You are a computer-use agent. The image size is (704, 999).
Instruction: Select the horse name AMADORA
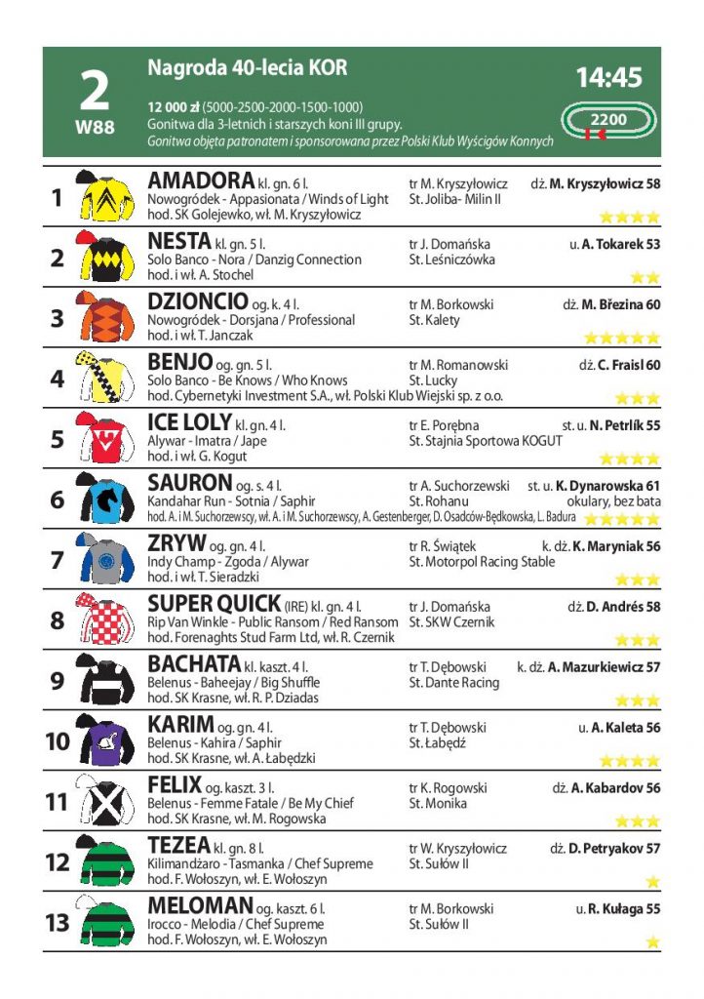200,181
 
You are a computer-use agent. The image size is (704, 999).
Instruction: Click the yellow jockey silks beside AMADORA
105,196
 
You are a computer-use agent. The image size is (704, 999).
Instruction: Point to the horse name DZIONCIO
197,302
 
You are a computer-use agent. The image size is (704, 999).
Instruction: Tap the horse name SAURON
190,484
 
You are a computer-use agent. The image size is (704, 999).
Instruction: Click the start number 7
57,561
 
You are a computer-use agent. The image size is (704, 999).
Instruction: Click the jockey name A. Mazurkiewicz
604,667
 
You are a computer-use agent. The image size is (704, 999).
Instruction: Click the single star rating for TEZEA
652,881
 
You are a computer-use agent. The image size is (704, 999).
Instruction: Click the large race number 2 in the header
94,91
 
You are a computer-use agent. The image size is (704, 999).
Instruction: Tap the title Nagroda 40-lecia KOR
247,67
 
